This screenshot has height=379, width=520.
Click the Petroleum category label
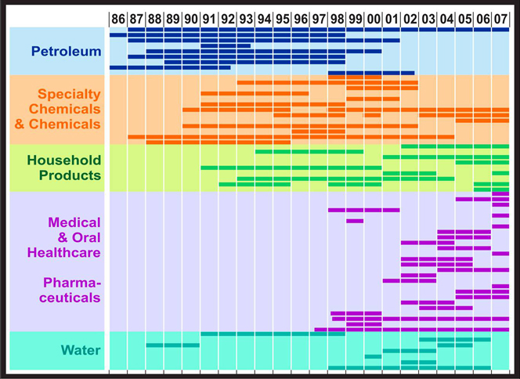67,52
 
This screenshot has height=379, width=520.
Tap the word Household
65,160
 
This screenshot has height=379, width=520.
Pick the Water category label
81,350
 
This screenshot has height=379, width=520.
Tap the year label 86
117,17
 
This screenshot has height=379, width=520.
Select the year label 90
191,17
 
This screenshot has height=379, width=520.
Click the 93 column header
246,17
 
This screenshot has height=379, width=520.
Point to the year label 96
301,17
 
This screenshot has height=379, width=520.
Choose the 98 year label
337,17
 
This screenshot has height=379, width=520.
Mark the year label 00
374,17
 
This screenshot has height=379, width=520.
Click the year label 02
410,17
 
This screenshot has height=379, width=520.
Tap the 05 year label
464,17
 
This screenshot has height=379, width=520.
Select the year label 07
501,17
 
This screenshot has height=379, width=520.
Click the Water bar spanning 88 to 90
172,345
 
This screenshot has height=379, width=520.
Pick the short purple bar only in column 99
355,221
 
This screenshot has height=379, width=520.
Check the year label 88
154,17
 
